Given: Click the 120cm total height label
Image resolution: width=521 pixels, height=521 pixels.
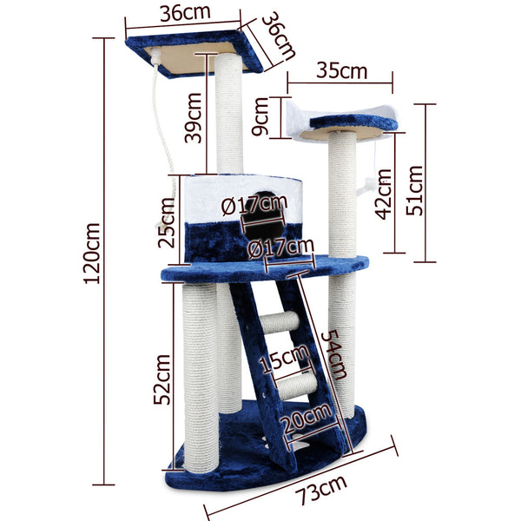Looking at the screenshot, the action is point(92,254).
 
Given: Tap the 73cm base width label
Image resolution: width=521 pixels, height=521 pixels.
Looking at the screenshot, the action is point(321,491).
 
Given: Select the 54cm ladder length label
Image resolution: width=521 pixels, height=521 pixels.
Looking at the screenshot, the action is point(335,354).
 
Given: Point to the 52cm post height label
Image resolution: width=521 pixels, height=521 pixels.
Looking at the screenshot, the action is point(162,379).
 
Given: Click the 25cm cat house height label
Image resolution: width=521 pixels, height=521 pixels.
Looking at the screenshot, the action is point(166,222).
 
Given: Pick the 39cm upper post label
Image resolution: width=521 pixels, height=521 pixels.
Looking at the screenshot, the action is point(193,118).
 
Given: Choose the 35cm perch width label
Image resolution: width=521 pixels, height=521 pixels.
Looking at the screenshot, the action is point(342,71).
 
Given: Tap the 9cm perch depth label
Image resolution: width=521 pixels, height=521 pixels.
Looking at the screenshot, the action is point(260,116).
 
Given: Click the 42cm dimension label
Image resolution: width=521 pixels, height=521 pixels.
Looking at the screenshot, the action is point(383,194).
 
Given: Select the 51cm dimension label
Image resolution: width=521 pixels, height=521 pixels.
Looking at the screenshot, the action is point(415,190).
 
